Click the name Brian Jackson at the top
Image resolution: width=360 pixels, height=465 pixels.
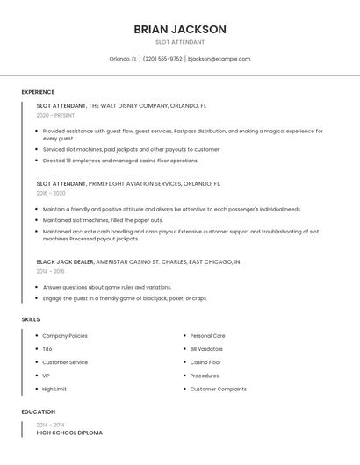180,29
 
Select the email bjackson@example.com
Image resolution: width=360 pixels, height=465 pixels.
220,59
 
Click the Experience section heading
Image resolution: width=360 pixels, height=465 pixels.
38,92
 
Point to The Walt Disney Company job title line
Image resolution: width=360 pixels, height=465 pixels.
121,105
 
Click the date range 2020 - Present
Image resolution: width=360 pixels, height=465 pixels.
55,115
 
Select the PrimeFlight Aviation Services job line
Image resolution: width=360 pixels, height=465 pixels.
128,184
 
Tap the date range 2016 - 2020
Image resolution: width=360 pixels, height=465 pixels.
51,193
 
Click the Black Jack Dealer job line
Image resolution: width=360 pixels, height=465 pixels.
138,261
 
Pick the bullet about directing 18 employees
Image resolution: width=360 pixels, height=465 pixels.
120,161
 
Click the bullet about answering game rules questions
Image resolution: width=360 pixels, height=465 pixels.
107,287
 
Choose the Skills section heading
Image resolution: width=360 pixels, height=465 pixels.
31,319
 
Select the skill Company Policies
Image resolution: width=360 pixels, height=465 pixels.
65,335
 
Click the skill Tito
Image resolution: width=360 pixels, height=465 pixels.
47,348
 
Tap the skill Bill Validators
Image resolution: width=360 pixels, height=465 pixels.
206,348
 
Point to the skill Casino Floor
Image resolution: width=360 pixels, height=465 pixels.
205,362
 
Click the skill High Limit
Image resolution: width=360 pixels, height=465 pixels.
54,389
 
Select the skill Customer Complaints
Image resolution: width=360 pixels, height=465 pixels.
218,389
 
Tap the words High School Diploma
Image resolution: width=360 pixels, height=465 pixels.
69,433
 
